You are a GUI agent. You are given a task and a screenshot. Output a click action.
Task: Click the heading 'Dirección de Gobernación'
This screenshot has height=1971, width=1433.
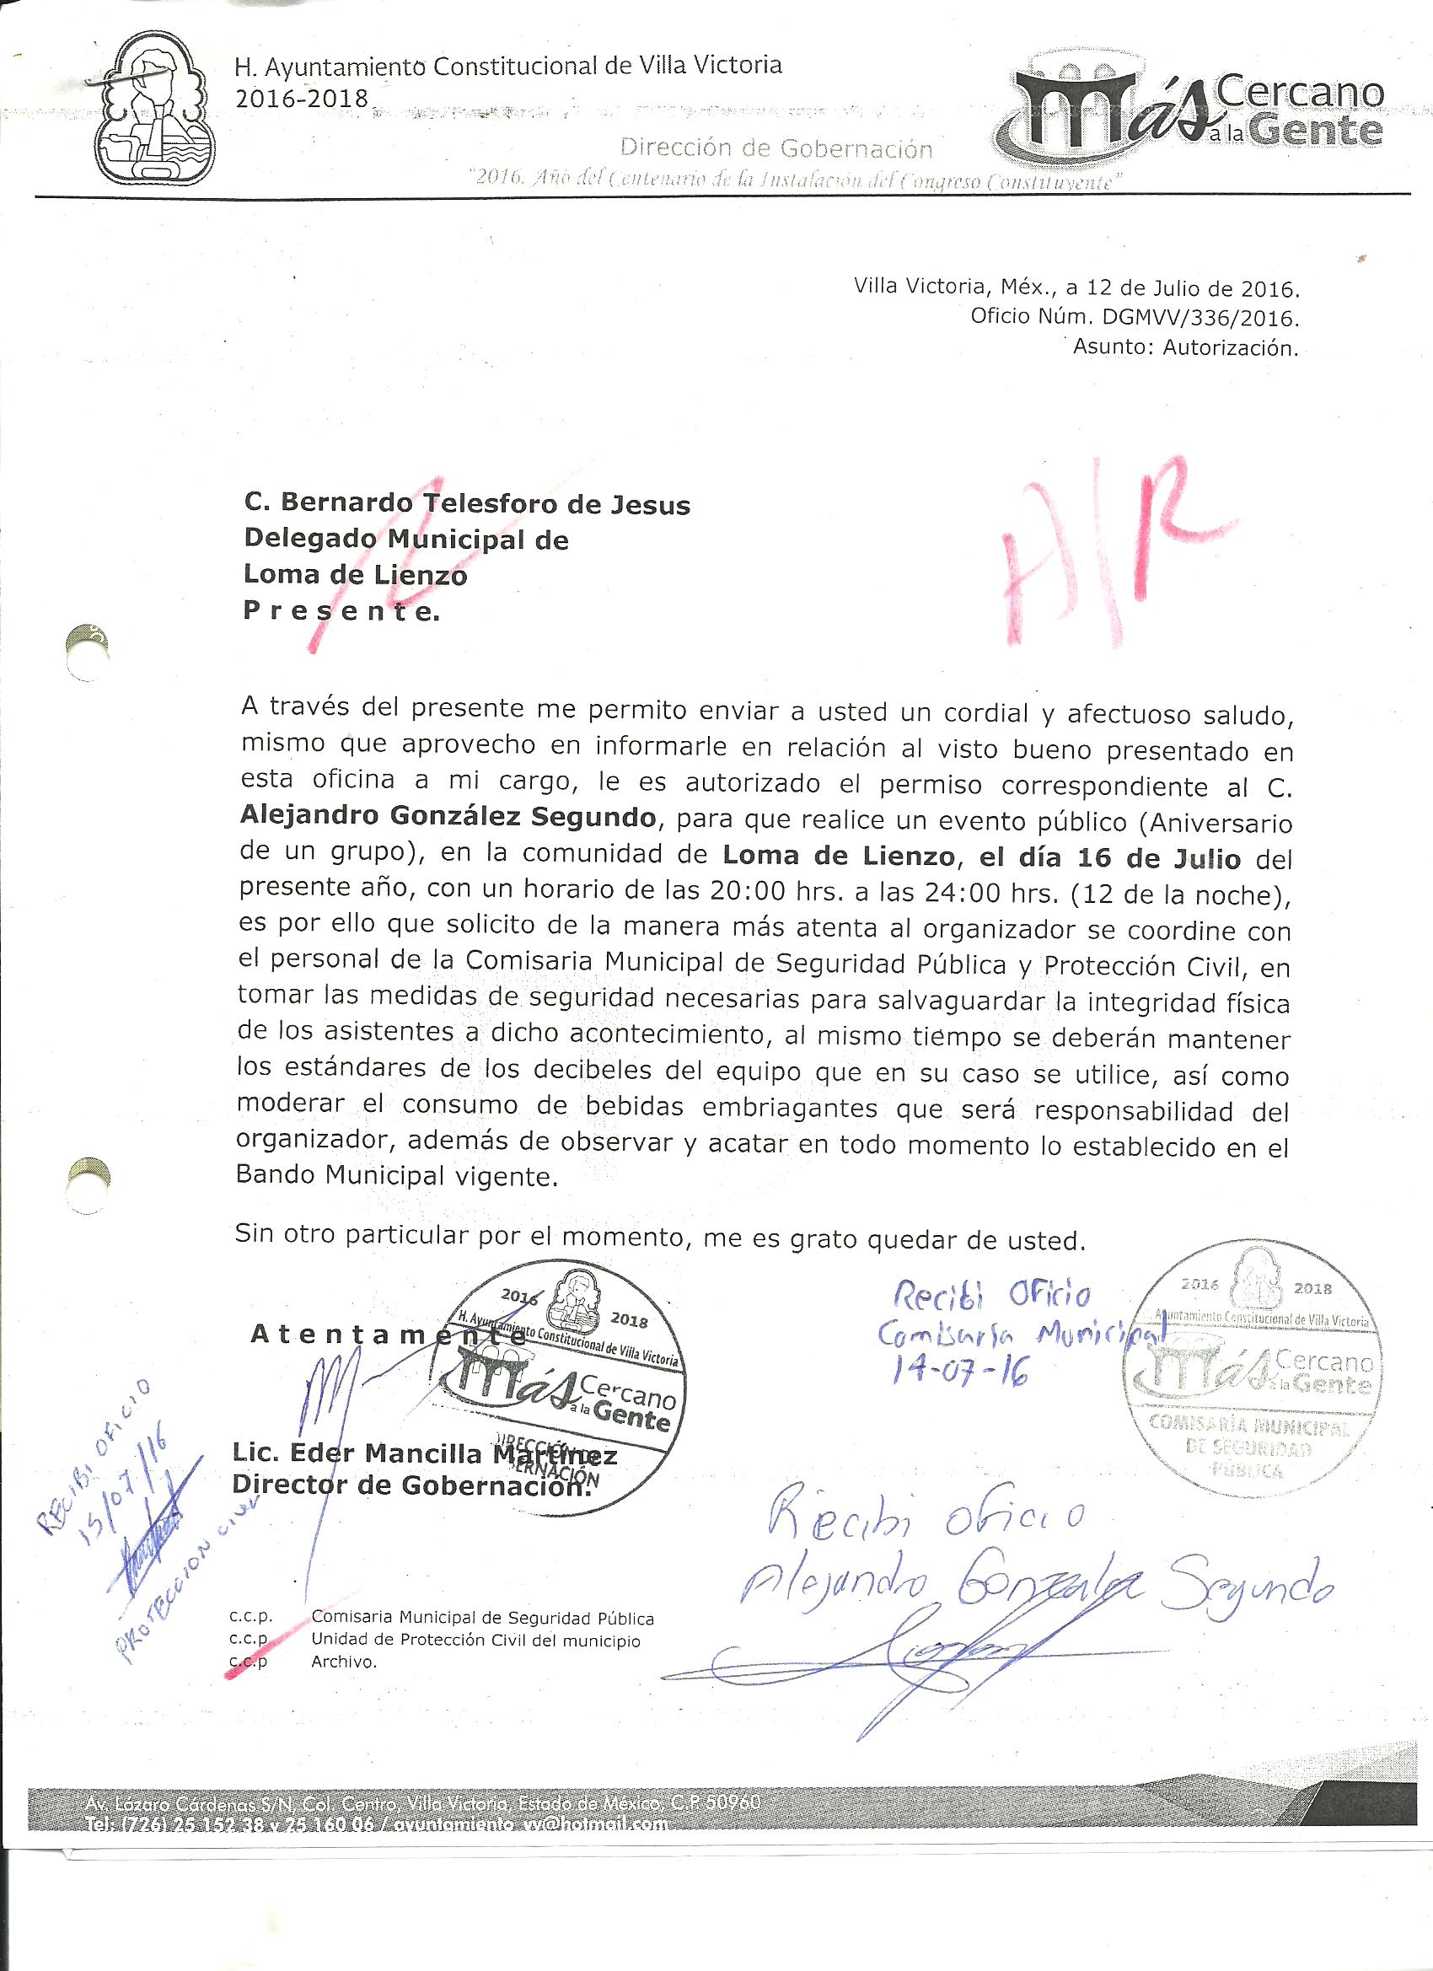coord(776,148)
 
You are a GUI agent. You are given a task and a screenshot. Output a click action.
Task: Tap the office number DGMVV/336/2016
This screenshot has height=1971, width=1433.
coord(1186,318)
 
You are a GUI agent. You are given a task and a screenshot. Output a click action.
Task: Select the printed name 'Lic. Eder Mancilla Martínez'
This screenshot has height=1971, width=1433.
coord(424,1456)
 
